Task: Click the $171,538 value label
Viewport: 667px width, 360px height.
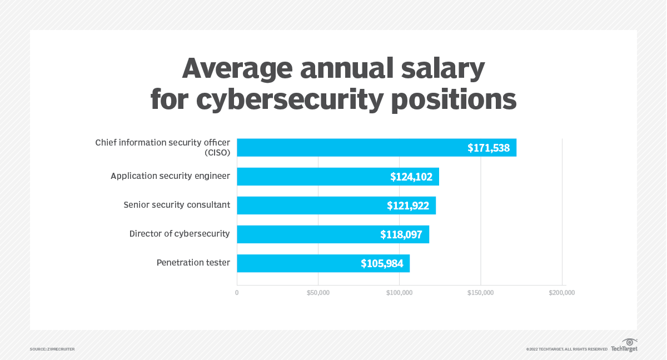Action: coord(488,148)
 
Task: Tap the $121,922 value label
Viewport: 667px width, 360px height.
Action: coord(408,206)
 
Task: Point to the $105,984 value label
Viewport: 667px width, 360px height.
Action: coord(382,263)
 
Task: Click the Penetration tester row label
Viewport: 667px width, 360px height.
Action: coord(193,262)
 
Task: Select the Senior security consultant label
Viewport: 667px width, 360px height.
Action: coord(176,204)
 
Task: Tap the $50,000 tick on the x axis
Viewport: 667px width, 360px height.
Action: coord(318,293)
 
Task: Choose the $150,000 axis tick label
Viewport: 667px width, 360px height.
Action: coord(480,293)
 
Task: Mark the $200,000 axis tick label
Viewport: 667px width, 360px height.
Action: coord(561,293)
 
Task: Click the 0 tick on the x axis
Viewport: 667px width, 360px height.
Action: coord(237,293)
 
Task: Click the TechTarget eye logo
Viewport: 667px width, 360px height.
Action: coord(629,342)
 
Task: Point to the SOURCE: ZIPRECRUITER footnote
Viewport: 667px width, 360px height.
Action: coord(52,349)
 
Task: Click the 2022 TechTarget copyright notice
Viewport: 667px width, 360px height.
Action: coord(566,349)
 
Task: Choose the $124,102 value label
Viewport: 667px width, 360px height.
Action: coord(411,177)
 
